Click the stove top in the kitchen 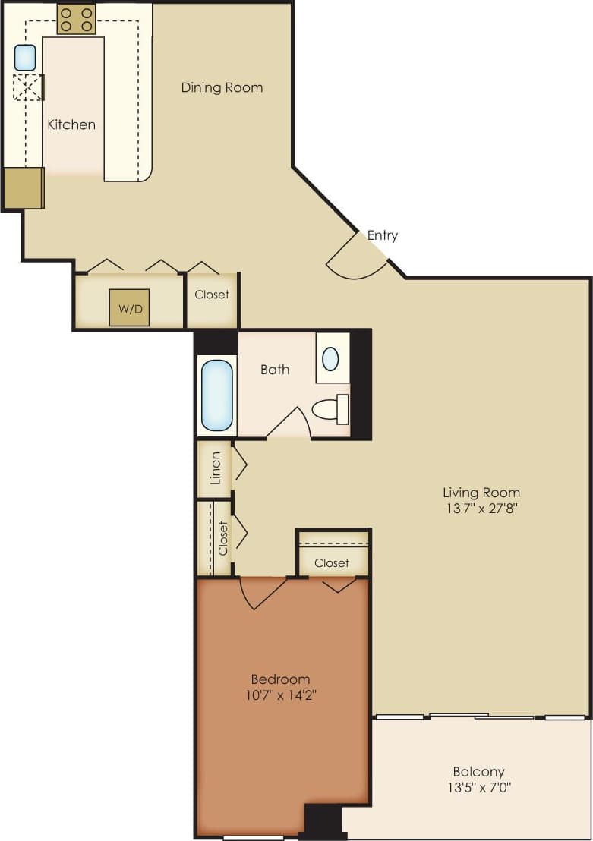(76, 19)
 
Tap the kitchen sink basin (25, 58)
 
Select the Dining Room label (222, 87)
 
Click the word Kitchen (71, 124)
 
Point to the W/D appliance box (128, 307)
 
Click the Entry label (382, 235)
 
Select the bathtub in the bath (217, 395)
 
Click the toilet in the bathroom (331, 409)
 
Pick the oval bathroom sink (330, 358)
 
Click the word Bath (275, 370)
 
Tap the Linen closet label (216, 468)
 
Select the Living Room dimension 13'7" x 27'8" (481, 509)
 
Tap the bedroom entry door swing (262, 592)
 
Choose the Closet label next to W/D (212, 295)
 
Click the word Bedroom (280, 679)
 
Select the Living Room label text (481, 493)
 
